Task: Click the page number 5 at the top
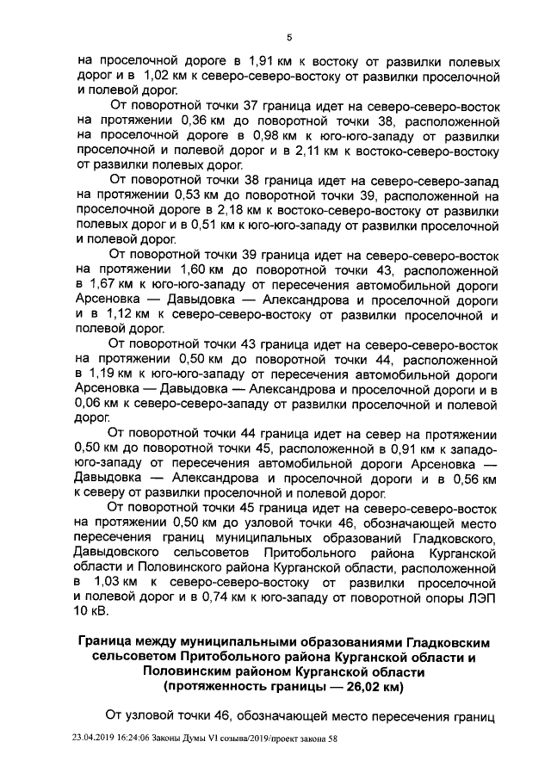[290, 36]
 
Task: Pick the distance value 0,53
[193, 196]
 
